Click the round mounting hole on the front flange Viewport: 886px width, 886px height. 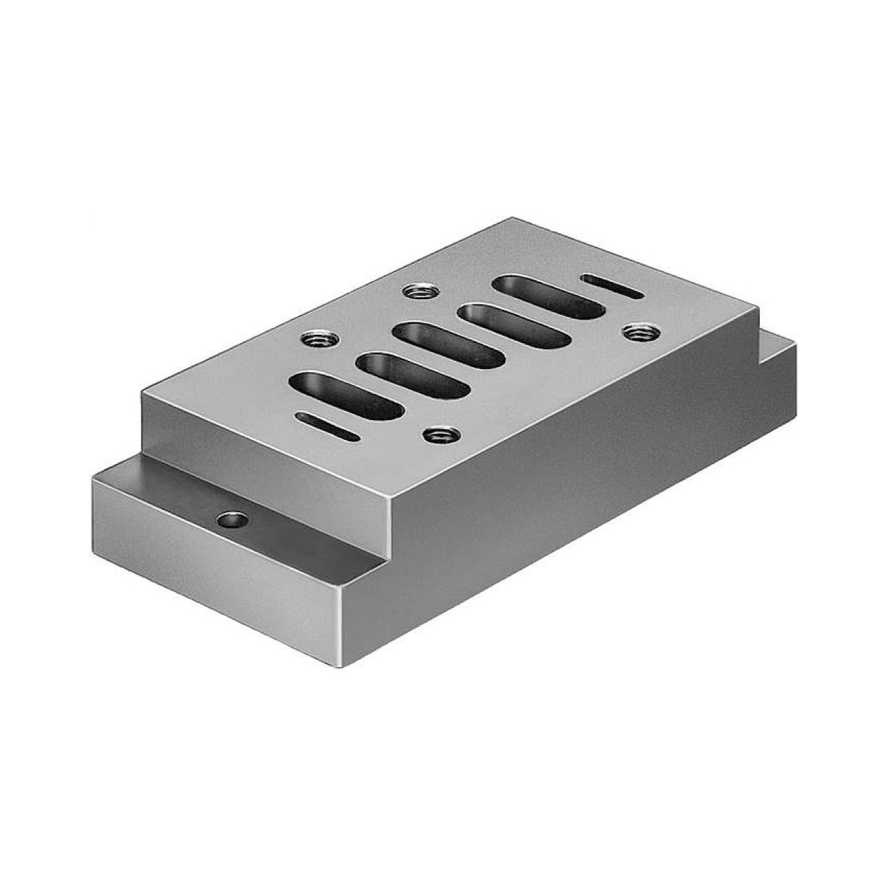coord(233,520)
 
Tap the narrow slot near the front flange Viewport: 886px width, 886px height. coord(328,427)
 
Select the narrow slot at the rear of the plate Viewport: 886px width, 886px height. coord(612,287)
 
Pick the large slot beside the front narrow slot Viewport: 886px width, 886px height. coord(346,396)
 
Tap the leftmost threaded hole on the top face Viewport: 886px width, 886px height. coord(321,339)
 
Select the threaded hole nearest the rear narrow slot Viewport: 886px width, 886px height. coord(641,331)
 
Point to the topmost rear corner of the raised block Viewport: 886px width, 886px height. coord(513,218)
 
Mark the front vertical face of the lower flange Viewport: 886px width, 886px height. coord(216,578)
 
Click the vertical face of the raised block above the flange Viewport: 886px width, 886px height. coord(266,445)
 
